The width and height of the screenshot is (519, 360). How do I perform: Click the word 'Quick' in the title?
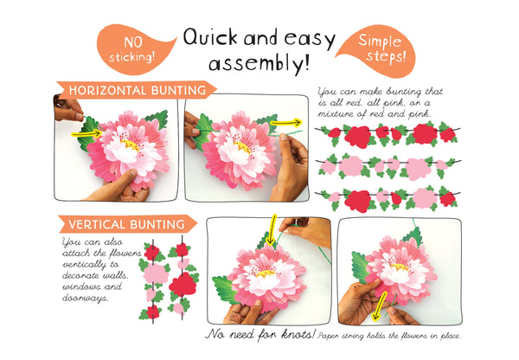coord(210,36)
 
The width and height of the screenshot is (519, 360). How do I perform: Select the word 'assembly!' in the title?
coord(259,63)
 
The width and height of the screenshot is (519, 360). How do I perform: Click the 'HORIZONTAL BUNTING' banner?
coord(137,90)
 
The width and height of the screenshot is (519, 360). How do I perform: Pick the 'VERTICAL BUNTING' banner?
coord(127,224)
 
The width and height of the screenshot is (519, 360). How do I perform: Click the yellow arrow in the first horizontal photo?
coord(86,133)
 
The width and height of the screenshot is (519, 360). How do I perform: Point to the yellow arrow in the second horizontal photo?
coord(285,123)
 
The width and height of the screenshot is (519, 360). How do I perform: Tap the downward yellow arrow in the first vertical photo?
coord(272,230)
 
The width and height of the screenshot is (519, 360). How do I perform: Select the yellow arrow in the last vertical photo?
coord(379,306)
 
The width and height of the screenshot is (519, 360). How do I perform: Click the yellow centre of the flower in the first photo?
coord(130,145)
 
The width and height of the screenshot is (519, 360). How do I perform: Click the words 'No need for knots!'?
coord(260,334)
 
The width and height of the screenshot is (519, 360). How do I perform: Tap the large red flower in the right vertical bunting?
coord(183,284)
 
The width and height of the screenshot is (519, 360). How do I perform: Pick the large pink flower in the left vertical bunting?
coord(155,273)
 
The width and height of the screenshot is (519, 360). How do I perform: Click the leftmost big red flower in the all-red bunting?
coord(357,137)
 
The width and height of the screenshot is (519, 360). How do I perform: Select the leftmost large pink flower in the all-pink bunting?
coord(351,166)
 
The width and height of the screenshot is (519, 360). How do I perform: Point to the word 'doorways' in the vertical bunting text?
coord(86,298)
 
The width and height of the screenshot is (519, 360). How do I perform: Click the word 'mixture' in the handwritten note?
coord(333,114)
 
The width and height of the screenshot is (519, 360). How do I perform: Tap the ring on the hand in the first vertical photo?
coord(297,222)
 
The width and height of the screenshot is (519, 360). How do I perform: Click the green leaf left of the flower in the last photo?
coord(360,267)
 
